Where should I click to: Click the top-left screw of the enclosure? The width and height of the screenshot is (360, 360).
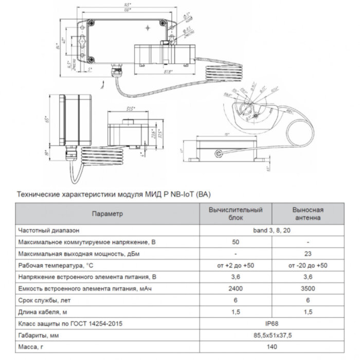click(91, 23)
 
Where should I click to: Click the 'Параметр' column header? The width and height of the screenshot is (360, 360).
click(107, 213)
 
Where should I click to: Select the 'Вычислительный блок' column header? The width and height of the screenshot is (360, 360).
click(235, 213)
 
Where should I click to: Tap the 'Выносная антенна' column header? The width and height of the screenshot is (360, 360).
click(308, 213)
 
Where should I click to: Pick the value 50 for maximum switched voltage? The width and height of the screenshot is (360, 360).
click(235, 242)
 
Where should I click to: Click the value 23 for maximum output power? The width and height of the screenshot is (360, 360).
click(308, 254)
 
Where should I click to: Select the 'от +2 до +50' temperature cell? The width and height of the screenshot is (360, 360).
click(235, 265)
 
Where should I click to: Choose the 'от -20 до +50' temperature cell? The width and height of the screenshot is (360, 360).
click(308, 265)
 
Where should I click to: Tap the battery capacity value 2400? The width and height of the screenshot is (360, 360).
click(235, 289)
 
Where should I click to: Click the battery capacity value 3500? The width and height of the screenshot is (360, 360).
click(308, 289)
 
